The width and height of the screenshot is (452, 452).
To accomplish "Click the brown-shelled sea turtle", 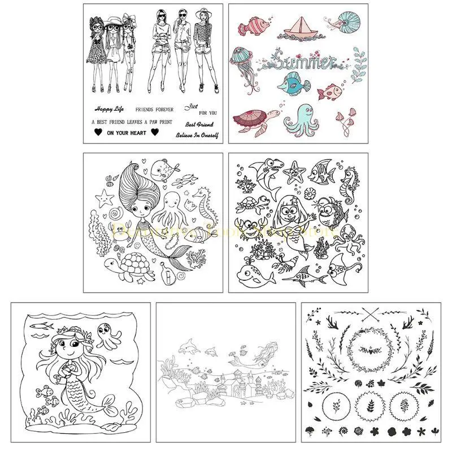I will pyautogui.click(x=252, y=120).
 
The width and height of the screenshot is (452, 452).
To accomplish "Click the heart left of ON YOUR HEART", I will pyautogui.click(x=97, y=133).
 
